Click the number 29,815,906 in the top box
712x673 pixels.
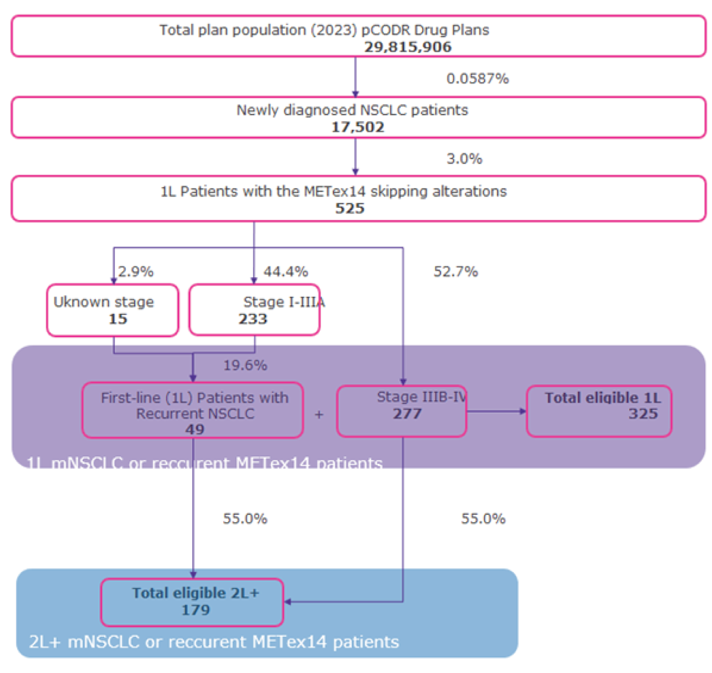pyautogui.click(x=407, y=47)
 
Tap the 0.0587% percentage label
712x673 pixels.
pyautogui.click(x=477, y=79)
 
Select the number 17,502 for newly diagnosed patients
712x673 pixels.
pyautogui.click(x=357, y=127)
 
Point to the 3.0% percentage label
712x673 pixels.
pyautogui.click(x=464, y=159)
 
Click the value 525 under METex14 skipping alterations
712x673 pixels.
pyautogui.click(x=349, y=208)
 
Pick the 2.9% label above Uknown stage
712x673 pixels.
pyautogui.click(x=135, y=272)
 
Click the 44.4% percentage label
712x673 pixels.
pyautogui.click(x=285, y=272)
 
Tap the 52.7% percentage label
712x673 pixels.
pyautogui.click(x=455, y=272)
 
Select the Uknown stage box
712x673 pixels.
pyautogui.click(x=113, y=310)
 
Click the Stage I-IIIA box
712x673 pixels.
pyautogui.click(x=254, y=310)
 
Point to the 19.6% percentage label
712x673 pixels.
pyautogui.click(x=245, y=366)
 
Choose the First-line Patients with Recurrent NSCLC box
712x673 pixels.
pyautogui.click(x=193, y=411)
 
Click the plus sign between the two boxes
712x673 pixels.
pyautogui.click(x=319, y=414)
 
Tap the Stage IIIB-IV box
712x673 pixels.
pyautogui.click(x=402, y=411)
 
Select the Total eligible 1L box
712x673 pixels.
pyautogui.click(x=599, y=411)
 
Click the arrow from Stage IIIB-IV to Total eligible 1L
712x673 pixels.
pyautogui.click(x=496, y=411)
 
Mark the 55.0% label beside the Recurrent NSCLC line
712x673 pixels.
pyautogui.click(x=245, y=519)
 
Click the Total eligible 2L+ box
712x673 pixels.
pyautogui.click(x=192, y=602)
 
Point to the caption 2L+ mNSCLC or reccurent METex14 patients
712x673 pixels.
pyautogui.click(x=214, y=642)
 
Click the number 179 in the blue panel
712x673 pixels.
pyautogui.click(x=195, y=610)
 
